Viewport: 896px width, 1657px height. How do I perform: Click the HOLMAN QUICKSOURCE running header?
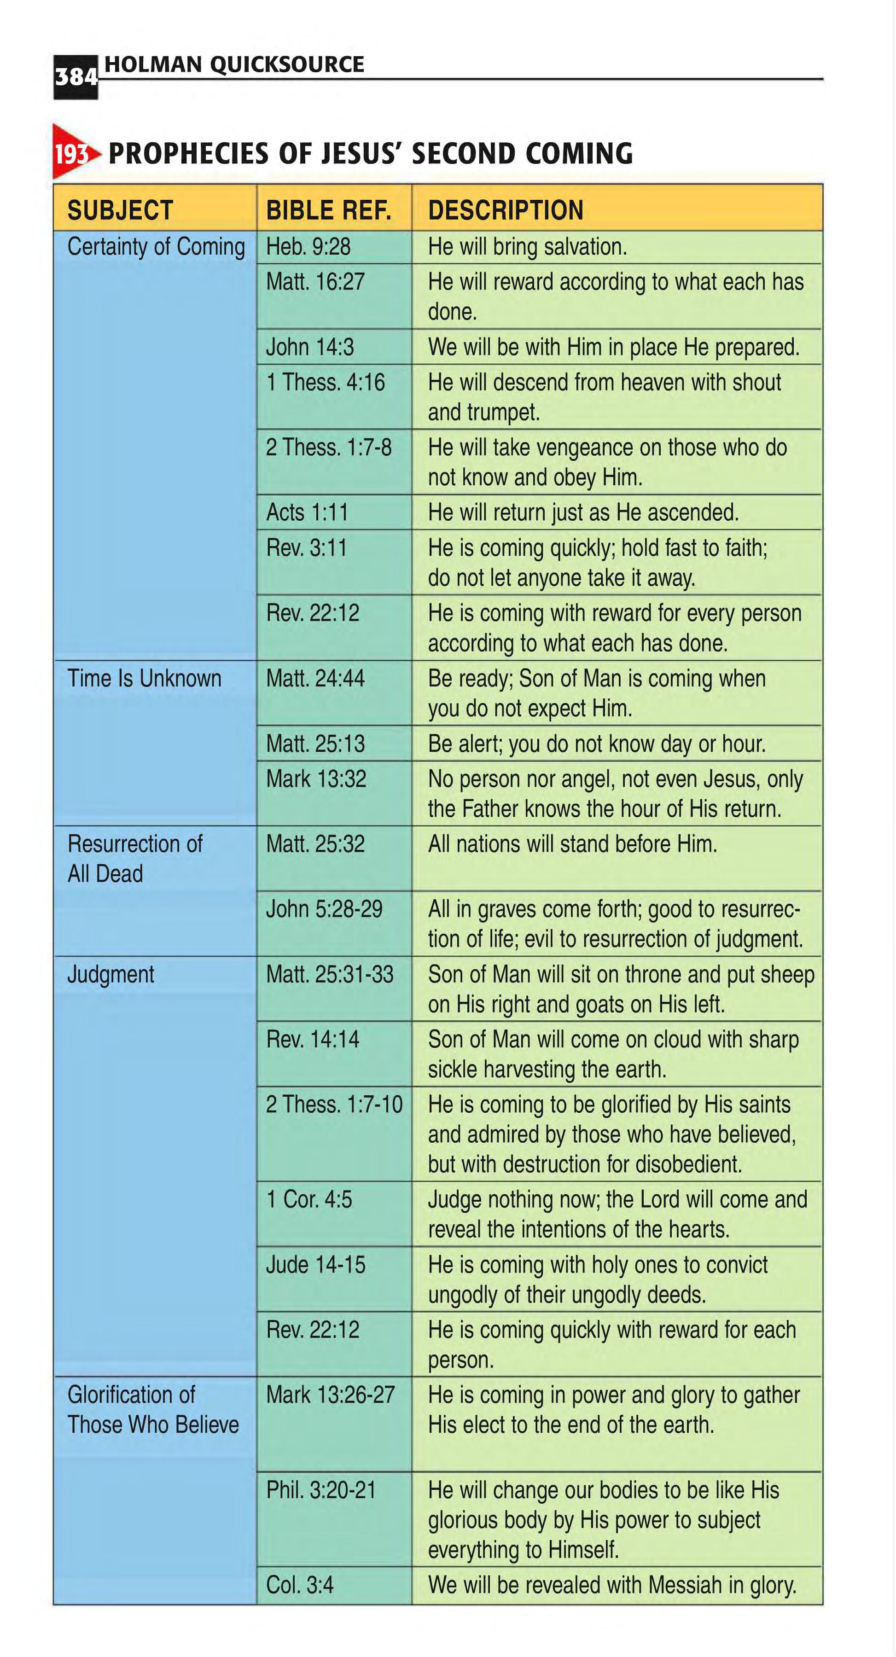coord(234,64)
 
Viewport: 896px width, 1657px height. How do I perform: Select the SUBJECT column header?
coord(120,210)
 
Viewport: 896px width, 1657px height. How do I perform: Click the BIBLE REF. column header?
coord(329,210)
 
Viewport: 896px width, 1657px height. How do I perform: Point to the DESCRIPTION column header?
coord(506,210)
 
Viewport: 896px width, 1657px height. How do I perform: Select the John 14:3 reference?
coord(310,347)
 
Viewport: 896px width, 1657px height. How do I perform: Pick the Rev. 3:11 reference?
coord(306,548)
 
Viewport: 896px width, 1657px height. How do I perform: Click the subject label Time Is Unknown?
coord(144,679)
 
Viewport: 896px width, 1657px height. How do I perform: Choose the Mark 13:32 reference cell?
coord(316,779)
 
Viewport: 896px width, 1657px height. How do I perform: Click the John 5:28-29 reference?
coord(324,909)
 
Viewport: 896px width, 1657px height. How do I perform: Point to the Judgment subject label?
coord(111,975)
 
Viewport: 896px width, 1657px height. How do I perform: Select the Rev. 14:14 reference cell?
coord(313,1040)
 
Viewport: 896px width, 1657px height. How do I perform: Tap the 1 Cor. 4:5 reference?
coord(309,1200)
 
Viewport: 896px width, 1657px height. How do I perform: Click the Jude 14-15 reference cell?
coord(315,1265)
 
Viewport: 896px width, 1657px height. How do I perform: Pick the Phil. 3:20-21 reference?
coord(321,1490)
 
